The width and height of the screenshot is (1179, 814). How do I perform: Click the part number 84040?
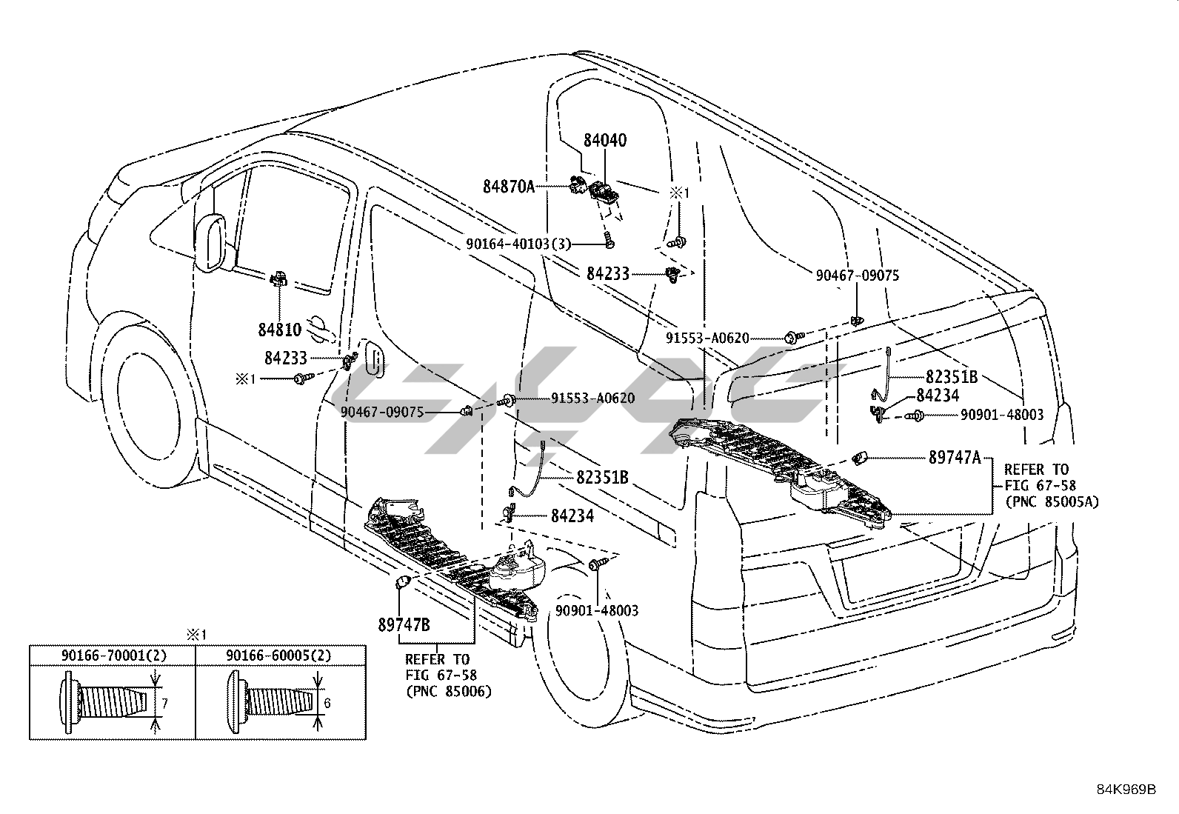coord(604,140)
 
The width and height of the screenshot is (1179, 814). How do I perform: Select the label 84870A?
coord(509,187)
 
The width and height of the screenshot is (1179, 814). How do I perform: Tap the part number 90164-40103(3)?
coord(518,243)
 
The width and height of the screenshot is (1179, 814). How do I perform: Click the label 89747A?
coord(955,458)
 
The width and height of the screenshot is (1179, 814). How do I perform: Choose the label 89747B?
coord(404,624)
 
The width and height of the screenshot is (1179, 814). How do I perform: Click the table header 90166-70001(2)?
coord(113,655)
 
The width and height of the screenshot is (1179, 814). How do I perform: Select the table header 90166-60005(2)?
coord(278,655)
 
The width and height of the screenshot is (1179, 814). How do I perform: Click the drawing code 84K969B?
coord(1126,790)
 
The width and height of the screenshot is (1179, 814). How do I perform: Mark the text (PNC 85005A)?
coord(1052,501)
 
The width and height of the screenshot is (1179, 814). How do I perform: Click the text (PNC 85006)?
coord(448,691)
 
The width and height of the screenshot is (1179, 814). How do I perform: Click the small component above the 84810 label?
coord(278,278)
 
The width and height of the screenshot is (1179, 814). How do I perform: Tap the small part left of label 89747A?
coord(860,458)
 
